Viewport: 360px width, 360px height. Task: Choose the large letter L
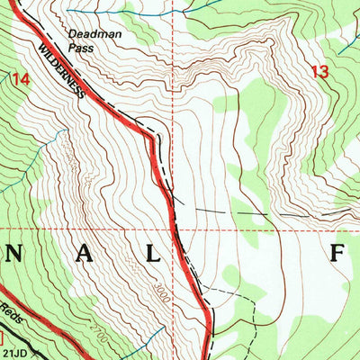[154, 255]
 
